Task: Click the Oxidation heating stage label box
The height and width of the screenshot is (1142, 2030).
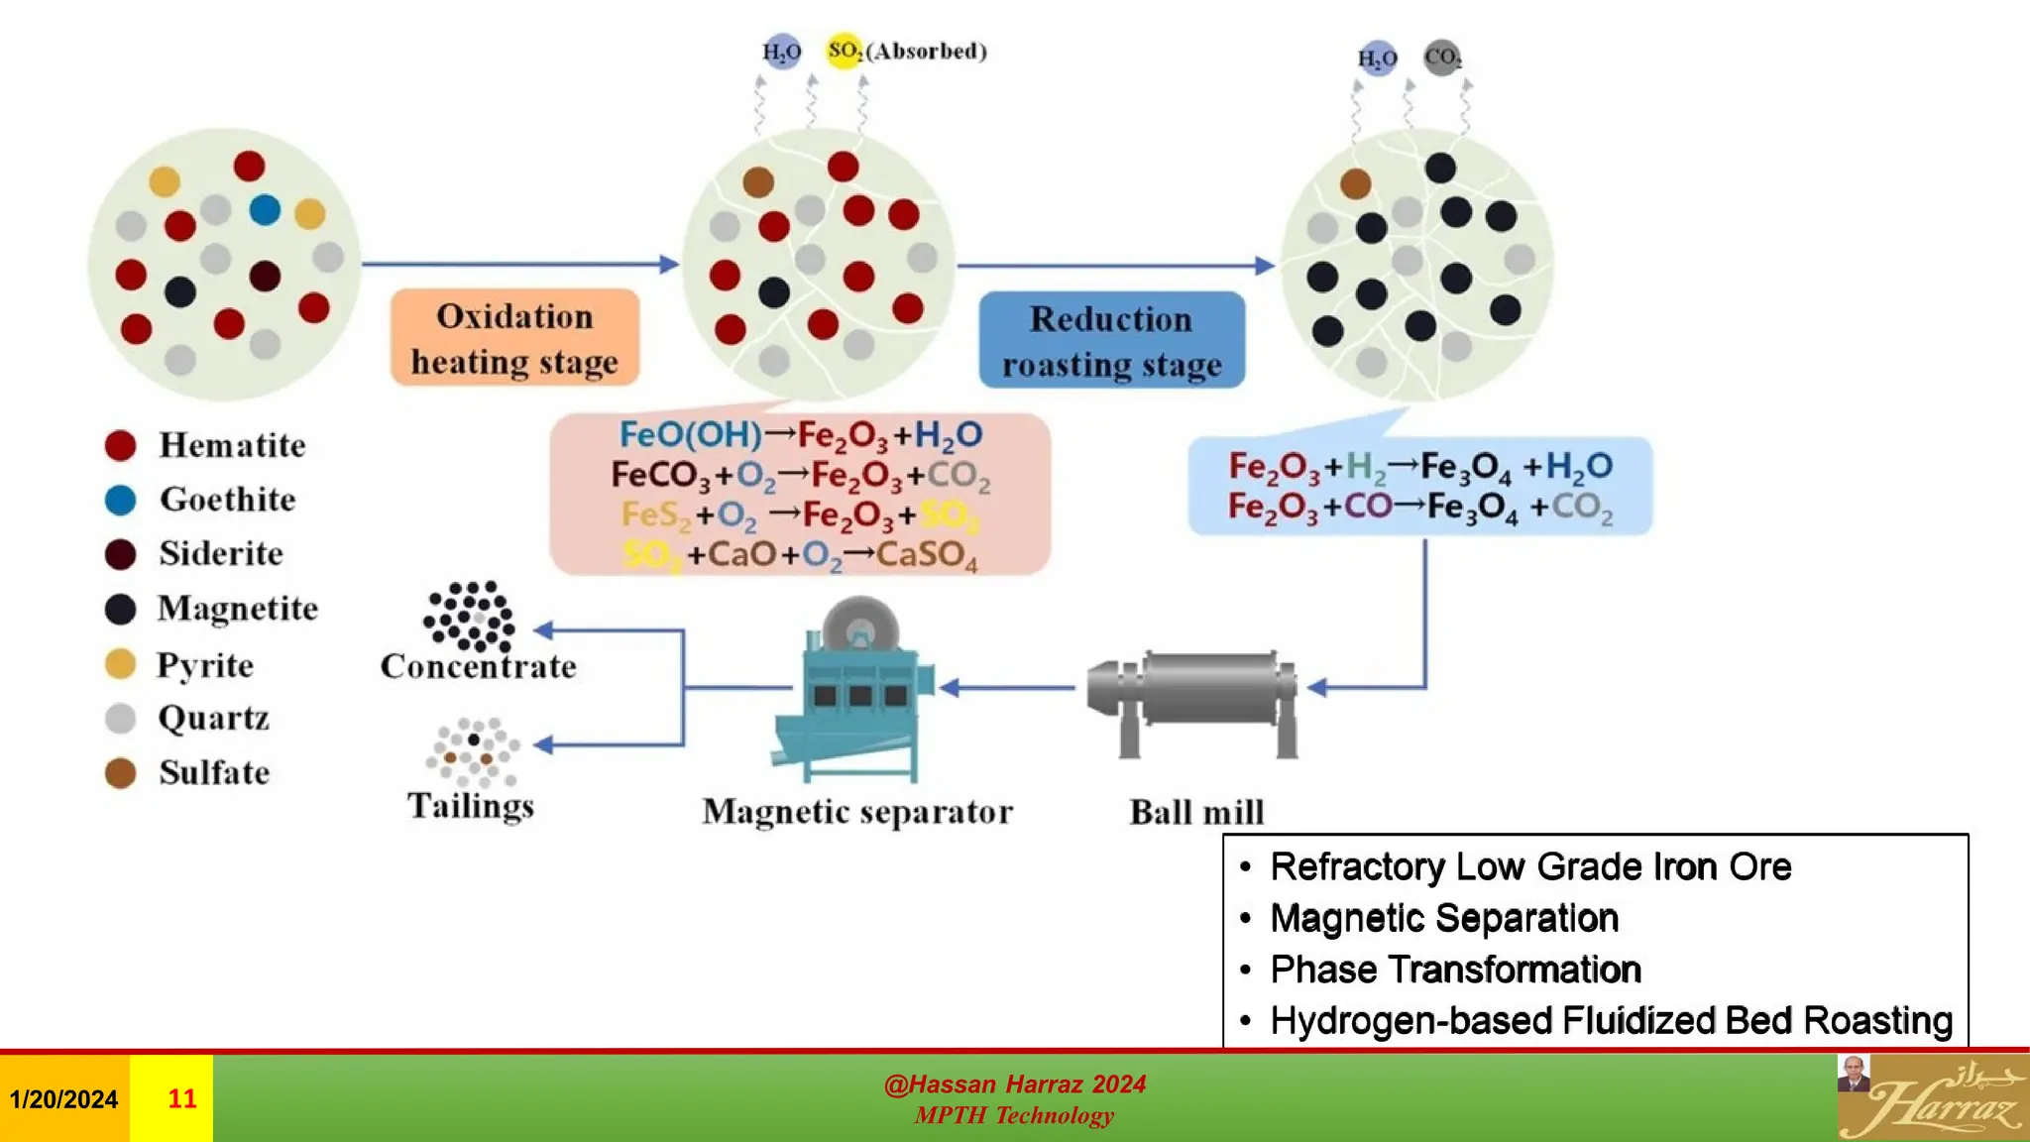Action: pyautogui.click(x=514, y=338)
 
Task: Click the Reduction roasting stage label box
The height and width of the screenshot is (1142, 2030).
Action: pyautogui.click(x=1111, y=341)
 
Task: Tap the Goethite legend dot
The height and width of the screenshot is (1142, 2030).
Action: pyautogui.click(x=120, y=501)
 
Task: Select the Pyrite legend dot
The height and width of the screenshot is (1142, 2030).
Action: pyautogui.click(x=120, y=664)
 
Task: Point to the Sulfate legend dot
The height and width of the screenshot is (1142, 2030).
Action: pyautogui.click(x=120, y=773)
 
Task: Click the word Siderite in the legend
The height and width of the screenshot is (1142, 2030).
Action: pyautogui.click(x=221, y=553)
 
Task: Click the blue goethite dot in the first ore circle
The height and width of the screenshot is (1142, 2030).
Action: pyautogui.click(x=265, y=210)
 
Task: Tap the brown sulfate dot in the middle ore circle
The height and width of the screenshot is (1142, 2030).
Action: pyautogui.click(x=758, y=181)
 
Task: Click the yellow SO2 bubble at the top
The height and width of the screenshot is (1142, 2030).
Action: pyautogui.click(x=844, y=51)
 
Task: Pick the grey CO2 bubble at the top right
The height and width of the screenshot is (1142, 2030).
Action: pyautogui.click(x=1441, y=57)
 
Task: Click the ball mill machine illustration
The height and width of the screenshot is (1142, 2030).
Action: pyautogui.click(x=1192, y=699)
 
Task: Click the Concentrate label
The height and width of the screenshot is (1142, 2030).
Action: pyautogui.click(x=478, y=666)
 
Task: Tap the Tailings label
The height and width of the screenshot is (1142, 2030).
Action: pyautogui.click(x=471, y=806)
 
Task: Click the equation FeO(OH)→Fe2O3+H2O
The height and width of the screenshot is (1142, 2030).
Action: pyautogui.click(x=800, y=435)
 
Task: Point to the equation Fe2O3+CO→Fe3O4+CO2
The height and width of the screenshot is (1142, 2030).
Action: pyautogui.click(x=1419, y=507)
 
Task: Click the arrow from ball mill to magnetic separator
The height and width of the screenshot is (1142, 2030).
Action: pyautogui.click(x=1007, y=687)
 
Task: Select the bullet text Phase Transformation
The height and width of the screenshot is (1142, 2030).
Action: pyautogui.click(x=1455, y=970)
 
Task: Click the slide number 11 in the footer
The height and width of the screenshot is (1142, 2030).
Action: pyautogui.click(x=181, y=1098)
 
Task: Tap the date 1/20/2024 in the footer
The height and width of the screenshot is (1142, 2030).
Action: pyautogui.click(x=63, y=1098)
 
